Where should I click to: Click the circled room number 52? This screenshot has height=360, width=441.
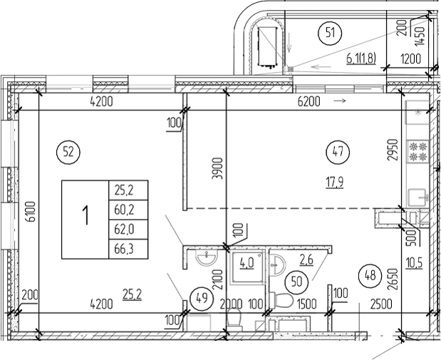(68, 151)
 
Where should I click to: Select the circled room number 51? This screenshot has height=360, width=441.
(330, 31)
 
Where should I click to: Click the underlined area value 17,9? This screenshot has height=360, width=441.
(335, 182)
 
